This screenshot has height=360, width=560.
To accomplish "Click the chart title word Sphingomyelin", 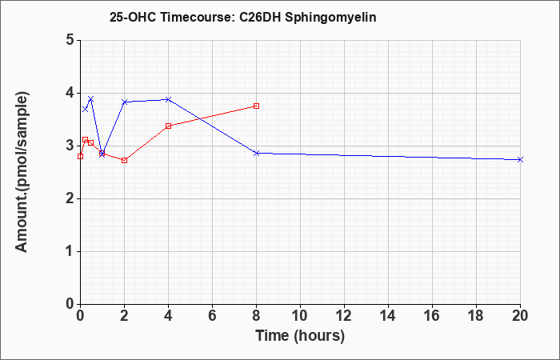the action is [x=330, y=18].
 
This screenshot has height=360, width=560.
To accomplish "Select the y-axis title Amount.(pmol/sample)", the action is [x=22, y=172].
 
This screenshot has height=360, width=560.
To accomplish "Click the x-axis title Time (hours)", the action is [x=300, y=336].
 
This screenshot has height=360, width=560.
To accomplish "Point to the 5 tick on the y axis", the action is [x=70, y=40].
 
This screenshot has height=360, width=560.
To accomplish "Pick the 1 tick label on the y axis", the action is [x=70, y=251].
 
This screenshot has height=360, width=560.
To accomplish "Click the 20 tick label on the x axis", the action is [x=520, y=315].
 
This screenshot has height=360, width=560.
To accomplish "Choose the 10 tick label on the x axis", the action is [x=300, y=315].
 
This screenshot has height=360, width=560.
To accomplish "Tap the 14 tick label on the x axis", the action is [x=388, y=315].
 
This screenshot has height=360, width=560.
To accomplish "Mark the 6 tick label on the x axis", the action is [x=212, y=315].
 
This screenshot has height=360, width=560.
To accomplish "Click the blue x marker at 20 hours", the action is [x=520, y=160].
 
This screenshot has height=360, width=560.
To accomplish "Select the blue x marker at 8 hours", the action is [x=256, y=154].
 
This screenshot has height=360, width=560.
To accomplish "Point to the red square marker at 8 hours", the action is [x=256, y=106].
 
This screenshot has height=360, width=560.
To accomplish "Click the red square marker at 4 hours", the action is [x=168, y=126].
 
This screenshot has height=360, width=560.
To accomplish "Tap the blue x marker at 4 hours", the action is [x=168, y=99].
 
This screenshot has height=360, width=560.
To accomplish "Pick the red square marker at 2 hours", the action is [x=124, y=160].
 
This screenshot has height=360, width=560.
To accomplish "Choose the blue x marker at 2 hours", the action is [x=124, y=102].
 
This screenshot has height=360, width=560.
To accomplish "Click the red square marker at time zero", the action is [x=80, y=157].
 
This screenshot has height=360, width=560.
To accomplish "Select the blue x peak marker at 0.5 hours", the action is [x=91, y=98].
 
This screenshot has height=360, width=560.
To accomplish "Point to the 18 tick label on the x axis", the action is [x=476, y=315].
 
